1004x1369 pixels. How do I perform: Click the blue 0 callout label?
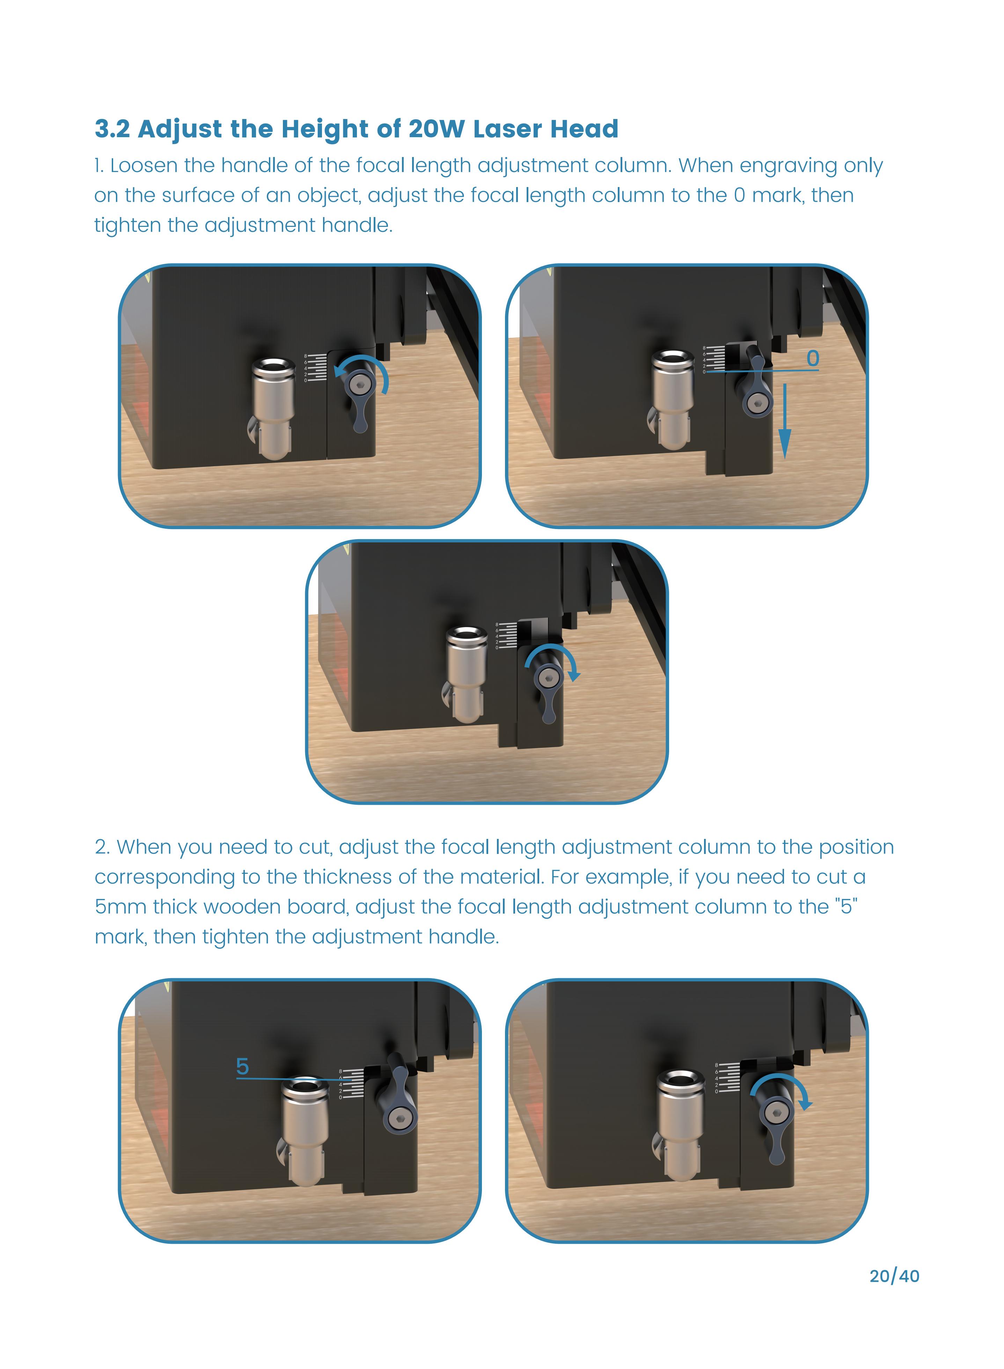click(x=812, y=358)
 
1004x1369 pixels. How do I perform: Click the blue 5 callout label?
click(x=242, y=1066)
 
